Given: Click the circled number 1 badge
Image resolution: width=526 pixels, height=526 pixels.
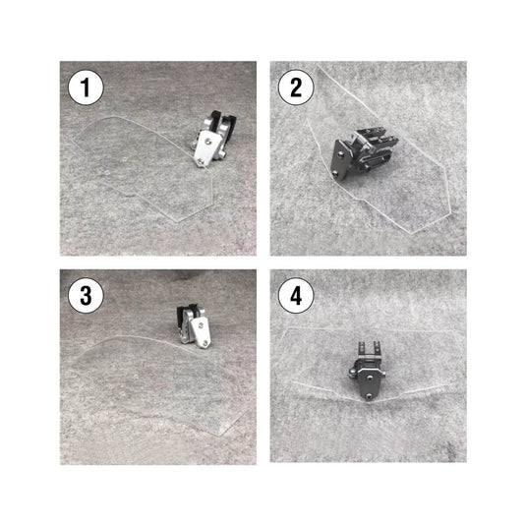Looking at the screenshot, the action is [x=86, y=88].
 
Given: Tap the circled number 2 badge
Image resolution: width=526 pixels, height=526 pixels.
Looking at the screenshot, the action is [x=296, y=88].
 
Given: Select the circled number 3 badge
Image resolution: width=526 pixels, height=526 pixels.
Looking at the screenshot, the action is [x=86, y=296].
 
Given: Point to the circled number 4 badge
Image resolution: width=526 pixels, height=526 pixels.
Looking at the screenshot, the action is [x=296, y=296].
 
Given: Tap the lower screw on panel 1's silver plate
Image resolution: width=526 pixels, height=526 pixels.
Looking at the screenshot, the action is [x=201, y=162].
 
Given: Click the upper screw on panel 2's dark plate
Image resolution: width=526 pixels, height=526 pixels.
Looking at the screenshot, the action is [x=340, y=154].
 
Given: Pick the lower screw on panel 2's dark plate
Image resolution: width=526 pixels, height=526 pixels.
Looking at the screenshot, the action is [x=336, y=173].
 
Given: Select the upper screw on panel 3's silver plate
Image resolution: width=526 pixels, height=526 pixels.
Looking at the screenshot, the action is [x=201, y=324].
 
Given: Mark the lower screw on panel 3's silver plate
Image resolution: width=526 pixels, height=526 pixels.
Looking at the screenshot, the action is [x=205, y=343].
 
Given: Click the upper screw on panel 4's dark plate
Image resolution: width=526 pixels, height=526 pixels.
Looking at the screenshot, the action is [x=370, y=378].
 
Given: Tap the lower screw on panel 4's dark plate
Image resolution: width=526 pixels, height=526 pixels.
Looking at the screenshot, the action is [x=369, y=396].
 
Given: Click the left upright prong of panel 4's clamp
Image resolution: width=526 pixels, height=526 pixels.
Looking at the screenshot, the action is [x=361, y=348].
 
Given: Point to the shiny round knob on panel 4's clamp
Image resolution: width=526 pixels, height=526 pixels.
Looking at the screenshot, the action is [x=352, y=371].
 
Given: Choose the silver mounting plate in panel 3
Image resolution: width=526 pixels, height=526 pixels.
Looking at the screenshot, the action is [x=201, y=332].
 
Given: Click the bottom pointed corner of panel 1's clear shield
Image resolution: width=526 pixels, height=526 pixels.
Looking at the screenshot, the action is [x=177, y=221].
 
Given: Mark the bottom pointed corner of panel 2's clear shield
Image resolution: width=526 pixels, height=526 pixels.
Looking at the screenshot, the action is [x=412, y=233].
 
